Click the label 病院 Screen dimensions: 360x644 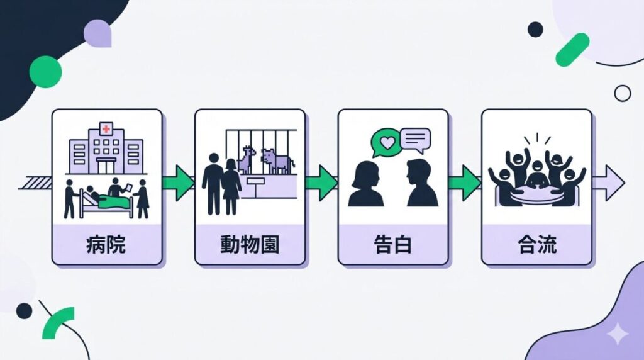(x=106, y=244)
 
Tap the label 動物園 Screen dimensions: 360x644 (x=250, y=244)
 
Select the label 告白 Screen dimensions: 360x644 (x=393, y=244)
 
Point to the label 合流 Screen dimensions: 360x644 (x=536, y=244)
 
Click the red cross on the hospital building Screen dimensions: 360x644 (x=106, y=130)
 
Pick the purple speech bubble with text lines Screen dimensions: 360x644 (x=415, y=139)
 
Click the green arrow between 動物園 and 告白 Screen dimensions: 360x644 (x=321, y=183)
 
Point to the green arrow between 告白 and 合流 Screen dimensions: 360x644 (x=465, y=183)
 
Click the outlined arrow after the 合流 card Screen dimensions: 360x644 (x=609, y=183)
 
